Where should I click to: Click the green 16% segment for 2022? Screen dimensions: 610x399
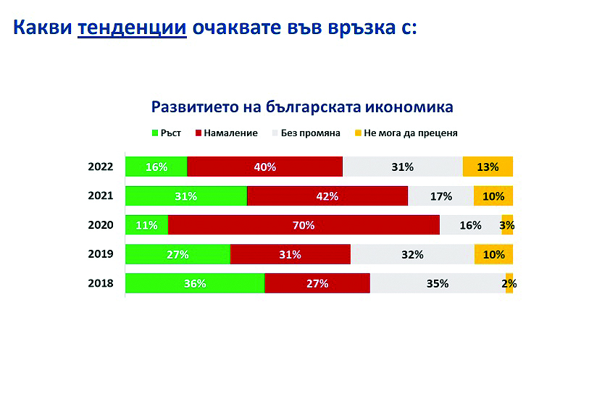156,167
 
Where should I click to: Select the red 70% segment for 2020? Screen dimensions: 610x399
304,224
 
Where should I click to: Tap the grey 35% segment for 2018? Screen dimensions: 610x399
438,283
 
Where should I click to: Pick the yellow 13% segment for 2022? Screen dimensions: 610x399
488,167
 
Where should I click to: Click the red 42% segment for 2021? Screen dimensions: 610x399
327,196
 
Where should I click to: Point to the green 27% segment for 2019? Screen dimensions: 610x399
177,254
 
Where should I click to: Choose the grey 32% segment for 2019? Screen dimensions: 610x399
412,254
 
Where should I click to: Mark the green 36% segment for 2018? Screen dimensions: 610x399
195,283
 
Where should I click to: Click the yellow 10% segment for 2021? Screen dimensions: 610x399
493,196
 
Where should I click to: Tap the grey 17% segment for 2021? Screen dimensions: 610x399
440,196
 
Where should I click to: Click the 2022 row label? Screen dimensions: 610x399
101,167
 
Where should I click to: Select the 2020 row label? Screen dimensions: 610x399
101,224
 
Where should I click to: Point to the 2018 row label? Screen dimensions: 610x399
101,283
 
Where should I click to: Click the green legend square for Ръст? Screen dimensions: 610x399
155,133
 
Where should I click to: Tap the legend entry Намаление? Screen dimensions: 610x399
227,133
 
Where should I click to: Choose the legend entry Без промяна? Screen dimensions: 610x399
306,133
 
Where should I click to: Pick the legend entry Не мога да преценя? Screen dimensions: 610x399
406,133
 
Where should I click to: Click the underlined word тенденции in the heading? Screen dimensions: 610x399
132,28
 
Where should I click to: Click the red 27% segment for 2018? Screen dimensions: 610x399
317,283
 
